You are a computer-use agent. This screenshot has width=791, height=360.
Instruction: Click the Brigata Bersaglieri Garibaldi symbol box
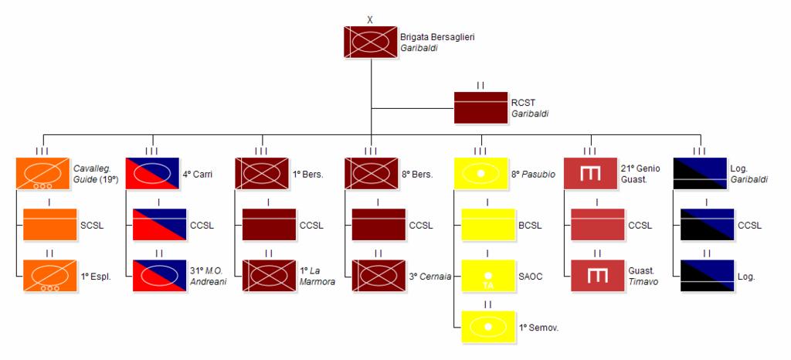pos(371,42)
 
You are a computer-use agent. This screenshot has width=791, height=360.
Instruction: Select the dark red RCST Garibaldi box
pos(480,107)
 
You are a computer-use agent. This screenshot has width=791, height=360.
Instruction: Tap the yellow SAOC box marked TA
pos(488,276)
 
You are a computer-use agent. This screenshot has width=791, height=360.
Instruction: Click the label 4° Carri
pos(198,175)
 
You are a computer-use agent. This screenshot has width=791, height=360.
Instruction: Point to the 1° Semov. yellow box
pos(488,328)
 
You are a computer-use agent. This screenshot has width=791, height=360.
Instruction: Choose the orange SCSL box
pos(50,225)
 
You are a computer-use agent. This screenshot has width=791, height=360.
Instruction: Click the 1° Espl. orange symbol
pos(50,276)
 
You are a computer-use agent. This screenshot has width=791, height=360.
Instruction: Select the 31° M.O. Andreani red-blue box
pos(159,276)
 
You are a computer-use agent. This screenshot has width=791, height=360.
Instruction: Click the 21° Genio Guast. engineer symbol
pos(590,174)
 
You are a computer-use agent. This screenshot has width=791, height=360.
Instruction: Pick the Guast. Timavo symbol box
pos(598,276)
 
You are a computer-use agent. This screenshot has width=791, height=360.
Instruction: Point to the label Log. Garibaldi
pos(749,175)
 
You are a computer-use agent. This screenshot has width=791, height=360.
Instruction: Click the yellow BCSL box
pos(488,225)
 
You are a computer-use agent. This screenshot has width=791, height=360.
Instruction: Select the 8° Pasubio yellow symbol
pos(480,174)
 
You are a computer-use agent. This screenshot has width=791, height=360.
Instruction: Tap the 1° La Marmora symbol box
pos(269,276)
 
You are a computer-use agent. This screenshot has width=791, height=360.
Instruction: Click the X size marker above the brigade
pos(370,20)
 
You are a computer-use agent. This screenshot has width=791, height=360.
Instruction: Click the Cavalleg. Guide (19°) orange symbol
pos(42,174)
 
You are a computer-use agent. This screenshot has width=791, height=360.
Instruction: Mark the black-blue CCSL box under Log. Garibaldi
pos(708,225)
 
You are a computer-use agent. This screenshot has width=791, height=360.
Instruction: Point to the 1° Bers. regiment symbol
pos(262,174)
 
